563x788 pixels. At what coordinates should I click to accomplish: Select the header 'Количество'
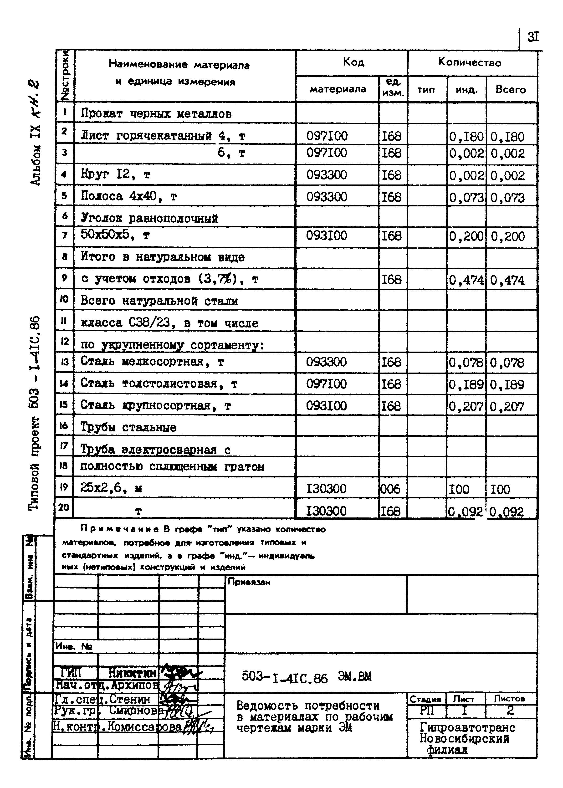470,62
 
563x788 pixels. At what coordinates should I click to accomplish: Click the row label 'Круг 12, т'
115,174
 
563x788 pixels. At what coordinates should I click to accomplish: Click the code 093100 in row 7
326,236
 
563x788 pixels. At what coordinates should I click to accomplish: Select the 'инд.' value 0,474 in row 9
466,280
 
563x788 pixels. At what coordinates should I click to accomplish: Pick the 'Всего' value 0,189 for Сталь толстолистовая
507,385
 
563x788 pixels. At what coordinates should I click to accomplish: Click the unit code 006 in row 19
390,489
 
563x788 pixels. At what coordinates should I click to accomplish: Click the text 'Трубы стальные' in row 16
128,427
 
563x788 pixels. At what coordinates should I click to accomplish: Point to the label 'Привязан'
249,582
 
